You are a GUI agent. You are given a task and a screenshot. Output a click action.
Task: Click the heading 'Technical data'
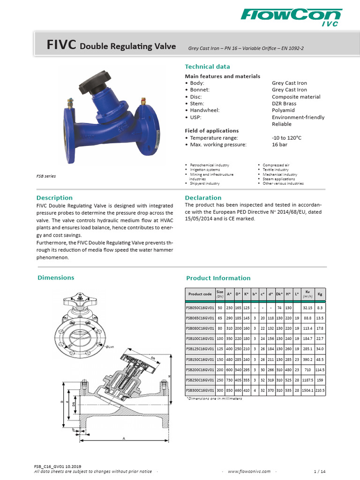(207, 67)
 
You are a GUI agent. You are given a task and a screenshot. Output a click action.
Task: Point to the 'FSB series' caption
(46, 176)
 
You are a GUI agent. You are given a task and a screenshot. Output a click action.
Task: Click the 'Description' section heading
(54, 198)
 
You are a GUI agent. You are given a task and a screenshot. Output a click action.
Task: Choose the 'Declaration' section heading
(203, 198)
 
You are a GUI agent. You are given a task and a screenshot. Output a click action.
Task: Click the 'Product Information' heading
(218, 278)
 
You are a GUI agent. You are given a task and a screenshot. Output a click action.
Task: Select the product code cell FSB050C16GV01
(200, 307)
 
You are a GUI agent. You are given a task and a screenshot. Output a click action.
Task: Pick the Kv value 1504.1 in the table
(307, 390)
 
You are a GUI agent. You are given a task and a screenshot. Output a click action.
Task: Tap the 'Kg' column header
(320, 294)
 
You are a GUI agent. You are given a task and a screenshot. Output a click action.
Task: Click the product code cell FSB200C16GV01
(200, 369)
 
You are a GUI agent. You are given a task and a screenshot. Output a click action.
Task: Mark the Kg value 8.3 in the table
(320, 307)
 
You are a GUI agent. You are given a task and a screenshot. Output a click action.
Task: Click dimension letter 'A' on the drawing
(124, 438)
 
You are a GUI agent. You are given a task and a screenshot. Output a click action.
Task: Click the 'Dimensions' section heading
(56, 277)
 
